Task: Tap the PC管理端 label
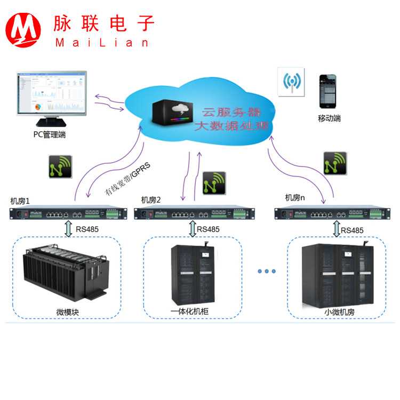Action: point(50,134)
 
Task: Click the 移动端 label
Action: point(329,118)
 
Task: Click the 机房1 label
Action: point(20,201)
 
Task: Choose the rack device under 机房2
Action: point(195,214)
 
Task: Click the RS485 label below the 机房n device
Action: point(353,230)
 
